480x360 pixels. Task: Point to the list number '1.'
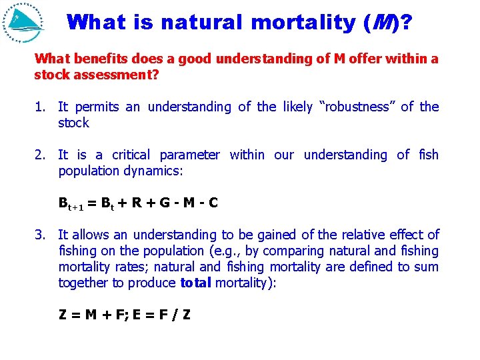coord(41,107)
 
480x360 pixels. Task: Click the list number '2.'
coord(41,155)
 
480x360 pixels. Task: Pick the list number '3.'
coord(41,235)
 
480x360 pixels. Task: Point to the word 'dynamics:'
coord(159,171)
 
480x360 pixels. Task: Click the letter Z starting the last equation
coord(63,315)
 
